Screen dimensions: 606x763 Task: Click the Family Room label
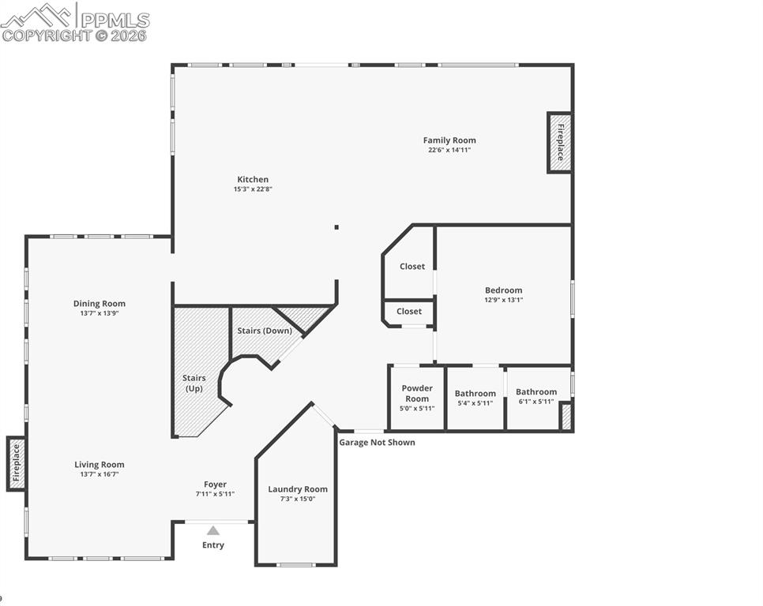point(449,140)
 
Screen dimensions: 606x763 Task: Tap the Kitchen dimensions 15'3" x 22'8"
point(253,189)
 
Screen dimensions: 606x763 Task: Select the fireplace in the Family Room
point(559,142)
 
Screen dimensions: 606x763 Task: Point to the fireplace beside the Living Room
point(16,464)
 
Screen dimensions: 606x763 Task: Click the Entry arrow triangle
point(213,531)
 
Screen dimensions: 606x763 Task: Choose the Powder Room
point(417,398)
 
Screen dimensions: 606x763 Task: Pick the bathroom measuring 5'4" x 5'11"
point(475,398)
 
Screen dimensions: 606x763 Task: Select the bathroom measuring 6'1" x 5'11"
point(536,396)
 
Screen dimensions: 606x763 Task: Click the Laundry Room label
point(298,489)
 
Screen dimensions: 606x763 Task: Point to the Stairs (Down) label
point(265,331)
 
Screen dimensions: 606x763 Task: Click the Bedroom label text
point(503,290)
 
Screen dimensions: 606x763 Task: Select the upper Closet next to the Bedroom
point(412,267)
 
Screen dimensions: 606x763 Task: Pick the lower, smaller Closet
point(409,312)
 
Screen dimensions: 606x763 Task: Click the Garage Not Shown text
point(377,443)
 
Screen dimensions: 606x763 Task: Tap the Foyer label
point(215,484)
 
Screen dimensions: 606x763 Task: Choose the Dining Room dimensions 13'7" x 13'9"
point(100,313)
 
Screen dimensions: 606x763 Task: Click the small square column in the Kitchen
point(336,227)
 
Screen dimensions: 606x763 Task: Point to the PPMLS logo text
point(115,20)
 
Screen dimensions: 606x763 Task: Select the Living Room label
point(100,465)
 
